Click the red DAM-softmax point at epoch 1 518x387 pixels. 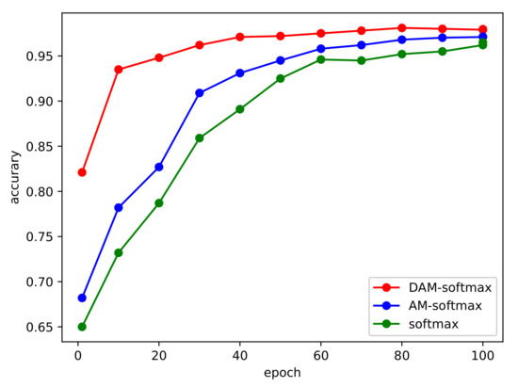click(82, 172)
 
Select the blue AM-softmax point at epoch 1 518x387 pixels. click(82, 298)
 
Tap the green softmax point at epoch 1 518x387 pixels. click(82, 327)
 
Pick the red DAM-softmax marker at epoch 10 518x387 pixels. click(119, 70)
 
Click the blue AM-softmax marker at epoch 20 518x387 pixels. click(159, 167)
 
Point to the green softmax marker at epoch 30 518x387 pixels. click(200, 137)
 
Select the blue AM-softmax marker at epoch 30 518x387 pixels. click(200, 93)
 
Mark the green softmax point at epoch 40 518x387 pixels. click(240, 109)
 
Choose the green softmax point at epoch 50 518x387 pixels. click(281, 78)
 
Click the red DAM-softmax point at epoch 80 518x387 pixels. click(402, 28)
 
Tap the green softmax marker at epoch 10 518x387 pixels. click(119, 252)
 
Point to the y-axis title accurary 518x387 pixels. click(12, 180)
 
